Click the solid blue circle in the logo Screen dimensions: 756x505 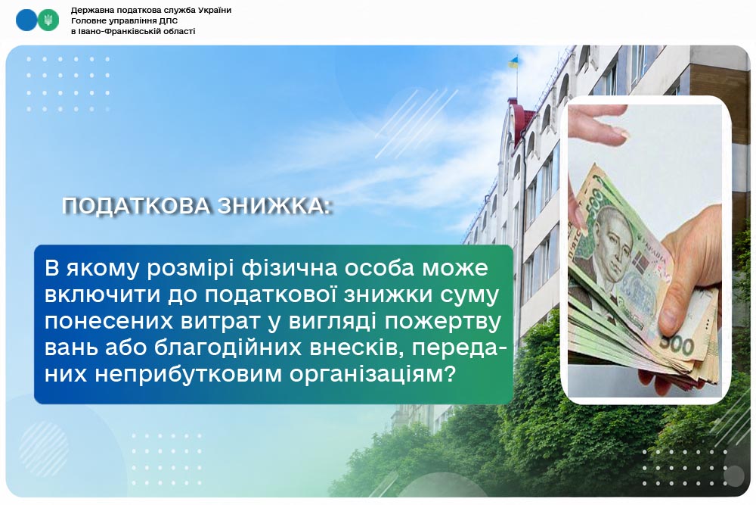pos(26,20)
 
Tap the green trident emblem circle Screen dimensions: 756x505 pos(48,20)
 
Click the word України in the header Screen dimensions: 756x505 pos(213,10)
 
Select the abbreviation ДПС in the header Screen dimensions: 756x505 pos(169,20)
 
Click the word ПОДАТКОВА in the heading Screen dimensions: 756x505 pos(136,206)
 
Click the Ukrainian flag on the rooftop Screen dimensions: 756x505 pos(514,62)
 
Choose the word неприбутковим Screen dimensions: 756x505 pos(188,374)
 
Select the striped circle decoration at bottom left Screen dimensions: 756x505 pos(44,449)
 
